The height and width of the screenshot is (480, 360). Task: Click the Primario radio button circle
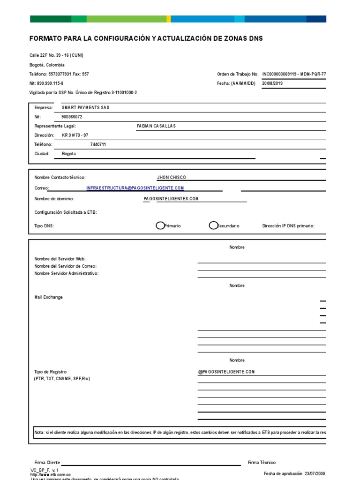pyautogui.click(x=160, y=225)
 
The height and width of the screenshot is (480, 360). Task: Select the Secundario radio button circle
pyautogui.click(x=213, y=225)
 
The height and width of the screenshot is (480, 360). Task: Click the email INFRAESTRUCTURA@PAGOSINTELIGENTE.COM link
pyautogui.click(x=135, y=188)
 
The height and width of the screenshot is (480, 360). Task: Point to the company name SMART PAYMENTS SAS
pyautogui.click(x=85, y=108)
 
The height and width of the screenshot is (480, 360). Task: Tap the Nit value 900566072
pyautogui.click(x=72, y=117)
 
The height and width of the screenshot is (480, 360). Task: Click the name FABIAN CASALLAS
pyautogui.click(x=156, y=126)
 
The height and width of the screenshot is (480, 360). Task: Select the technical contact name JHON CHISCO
pyautogui.click(x=172, y=178)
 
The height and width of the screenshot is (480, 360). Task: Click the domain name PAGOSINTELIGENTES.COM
pyautogui.click(x=172, y=199)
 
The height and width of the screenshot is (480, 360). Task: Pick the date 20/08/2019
pyautogui.click(x=272, y=83)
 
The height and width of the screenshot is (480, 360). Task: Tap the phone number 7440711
pyautogui.click(x=98, y=144)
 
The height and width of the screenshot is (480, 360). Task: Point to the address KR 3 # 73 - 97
pyautogui.click(x=75, y=135)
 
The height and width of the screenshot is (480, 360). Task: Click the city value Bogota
pyautogui.click(x=68, y=153)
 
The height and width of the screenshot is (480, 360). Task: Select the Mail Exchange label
pyautogui.click(x=48, y=297)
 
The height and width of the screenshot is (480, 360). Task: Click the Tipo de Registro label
pyautogui.click(x=50, y=372)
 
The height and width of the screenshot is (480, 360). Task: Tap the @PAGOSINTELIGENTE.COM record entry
pyautogui.click(x=226, y=372)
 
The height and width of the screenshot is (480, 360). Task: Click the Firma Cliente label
pyautogui.click(x=47, y=463)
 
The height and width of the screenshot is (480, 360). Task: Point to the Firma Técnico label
pyautogui.click(x=262, y=463)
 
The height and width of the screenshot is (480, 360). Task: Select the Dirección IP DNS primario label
pyautogui.click(x=288, y=226)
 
